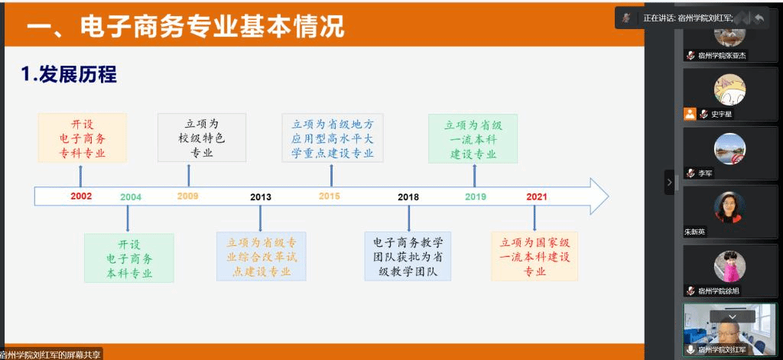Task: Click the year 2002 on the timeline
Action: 81,196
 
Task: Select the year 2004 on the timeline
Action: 131,197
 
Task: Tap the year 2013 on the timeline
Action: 261,197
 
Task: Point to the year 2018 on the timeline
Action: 408,197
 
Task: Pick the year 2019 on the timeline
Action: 476,197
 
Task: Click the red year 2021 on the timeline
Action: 537,197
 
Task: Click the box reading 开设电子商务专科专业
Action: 83,138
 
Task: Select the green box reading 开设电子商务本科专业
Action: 129,258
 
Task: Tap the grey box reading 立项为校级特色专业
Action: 202,138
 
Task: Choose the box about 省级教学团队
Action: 408,256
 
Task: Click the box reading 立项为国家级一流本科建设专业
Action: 534,256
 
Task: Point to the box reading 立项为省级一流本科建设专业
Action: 473,138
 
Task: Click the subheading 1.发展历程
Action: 69,75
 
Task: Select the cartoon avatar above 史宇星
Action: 729,89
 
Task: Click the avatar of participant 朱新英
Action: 729,208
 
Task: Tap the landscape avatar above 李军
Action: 729,149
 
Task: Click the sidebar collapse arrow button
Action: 670,182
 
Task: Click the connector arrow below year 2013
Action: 260,218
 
